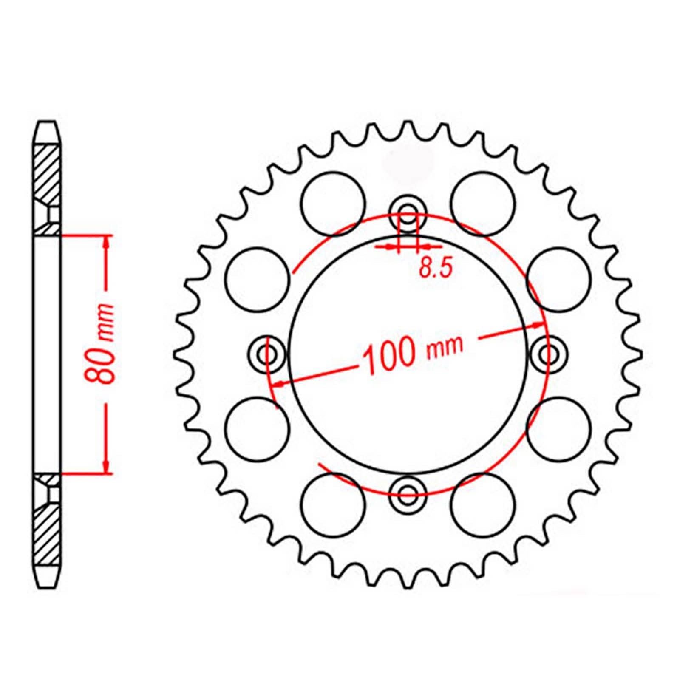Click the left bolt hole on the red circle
click(265, 352)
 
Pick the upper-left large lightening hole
click(333, 204)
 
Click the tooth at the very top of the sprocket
click(408, 127)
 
